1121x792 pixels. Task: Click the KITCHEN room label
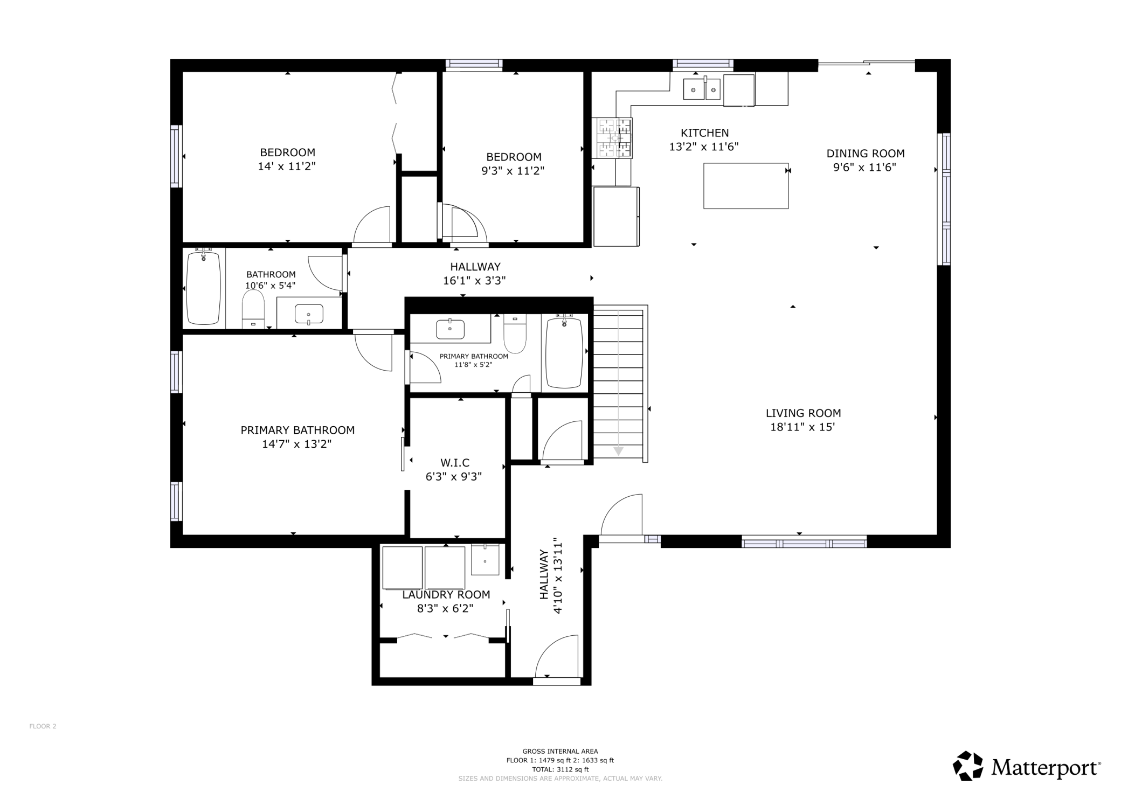click(x=704, y=133)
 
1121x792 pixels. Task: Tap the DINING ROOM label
click(x=866, y=154)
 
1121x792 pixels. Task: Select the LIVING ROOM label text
click(x=803, y=413)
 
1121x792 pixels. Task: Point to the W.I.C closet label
click(x=455, y=463)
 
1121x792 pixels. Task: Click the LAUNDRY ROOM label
click(x=446, y=595)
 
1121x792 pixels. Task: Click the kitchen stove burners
click(x=614, y=138)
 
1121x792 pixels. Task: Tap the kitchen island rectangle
click(x=746, y=186)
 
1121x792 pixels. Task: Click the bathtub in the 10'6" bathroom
click(x=203, y=288)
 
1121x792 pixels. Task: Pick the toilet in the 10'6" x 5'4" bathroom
click(x=253, y=309)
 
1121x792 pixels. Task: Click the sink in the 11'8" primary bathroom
click(x=450, y=329)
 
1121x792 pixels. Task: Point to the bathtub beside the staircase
click(x=564, y=352)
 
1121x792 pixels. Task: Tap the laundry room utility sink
click(x=485, y=559)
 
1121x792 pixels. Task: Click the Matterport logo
click(x=1027, y=766)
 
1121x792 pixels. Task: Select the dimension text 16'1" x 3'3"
click(x=474, y=281)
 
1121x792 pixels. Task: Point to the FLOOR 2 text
click(x=43, y=726)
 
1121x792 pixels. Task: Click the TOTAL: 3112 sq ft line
click(x=560, y=769)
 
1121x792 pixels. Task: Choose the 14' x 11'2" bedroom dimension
click(x=287, y=166)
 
